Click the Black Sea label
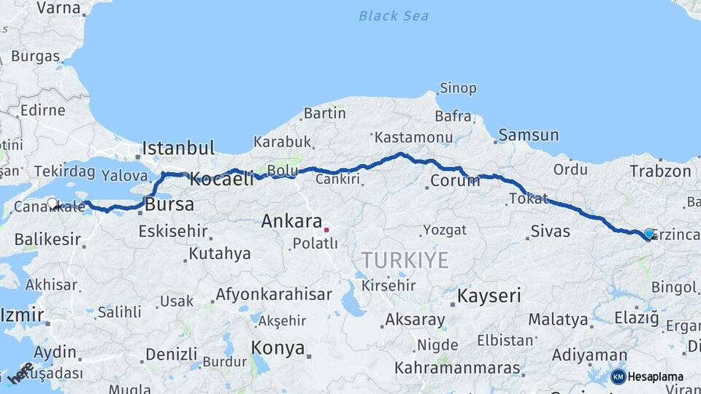(394, 16)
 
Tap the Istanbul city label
(178, 148)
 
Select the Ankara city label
(291, 221)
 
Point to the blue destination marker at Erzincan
(648, 233)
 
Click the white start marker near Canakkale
(52, 204)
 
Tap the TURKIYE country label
(405, 260)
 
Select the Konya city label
(277, 348)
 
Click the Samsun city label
(529, 135)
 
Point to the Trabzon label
(660, 171)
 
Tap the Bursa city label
(169, 204)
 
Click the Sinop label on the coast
(457, 88)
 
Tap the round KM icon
(618, 376)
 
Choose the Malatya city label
(558, 320)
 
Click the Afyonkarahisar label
(274, 295)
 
